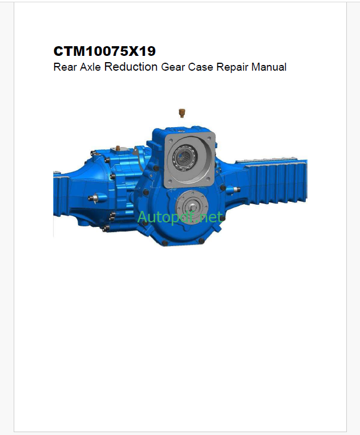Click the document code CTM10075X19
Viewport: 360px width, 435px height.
click(x=104, y=51)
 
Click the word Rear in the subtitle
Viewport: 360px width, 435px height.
click(x=63, y=67)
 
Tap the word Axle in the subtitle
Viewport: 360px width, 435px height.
click(x=89, y=67)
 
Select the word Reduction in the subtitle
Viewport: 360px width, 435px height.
click(x=131, y=67)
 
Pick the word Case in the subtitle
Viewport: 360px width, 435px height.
click(x=201, y=67)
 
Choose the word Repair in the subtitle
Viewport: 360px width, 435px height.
click(x=232, y=67)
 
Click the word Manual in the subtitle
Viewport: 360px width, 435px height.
click(x=268, y=67)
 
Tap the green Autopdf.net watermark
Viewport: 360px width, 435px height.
click(x=180, y=217)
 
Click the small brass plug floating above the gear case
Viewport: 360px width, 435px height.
click(x=183, y=111)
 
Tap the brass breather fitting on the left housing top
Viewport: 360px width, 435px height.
click(x=118, y=148)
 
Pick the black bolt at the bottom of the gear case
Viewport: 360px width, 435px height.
click(x=165, y=243)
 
